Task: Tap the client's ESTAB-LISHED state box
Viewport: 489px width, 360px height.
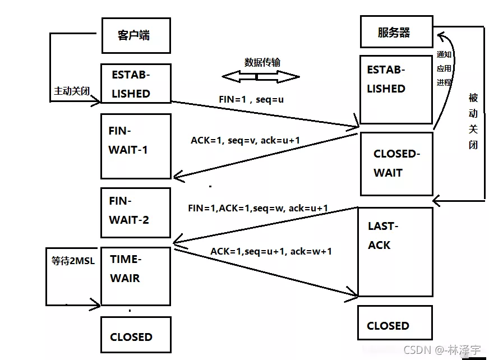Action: tap(135, 84)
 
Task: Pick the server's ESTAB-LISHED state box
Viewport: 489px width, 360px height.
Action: tap(396, 89)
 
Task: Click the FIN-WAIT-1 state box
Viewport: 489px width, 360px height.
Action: tap(135, 146)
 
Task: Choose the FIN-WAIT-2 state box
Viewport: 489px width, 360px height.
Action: tap(135, 213)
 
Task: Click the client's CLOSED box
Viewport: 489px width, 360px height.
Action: tap(135, 335)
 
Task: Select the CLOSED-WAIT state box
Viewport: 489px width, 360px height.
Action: tap(396, 164)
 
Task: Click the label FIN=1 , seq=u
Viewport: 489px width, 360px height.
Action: tap(247, 99)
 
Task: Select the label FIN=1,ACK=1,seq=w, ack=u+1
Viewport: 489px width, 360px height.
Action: tap(258, 208)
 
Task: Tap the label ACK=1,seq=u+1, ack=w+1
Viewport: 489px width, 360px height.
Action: tap(271, 251)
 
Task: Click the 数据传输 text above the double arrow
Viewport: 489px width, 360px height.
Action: tap(262, 62)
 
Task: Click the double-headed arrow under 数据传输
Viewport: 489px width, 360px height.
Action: tap(260, 77)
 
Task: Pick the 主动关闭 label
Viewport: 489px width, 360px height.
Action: tap(71, 91)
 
